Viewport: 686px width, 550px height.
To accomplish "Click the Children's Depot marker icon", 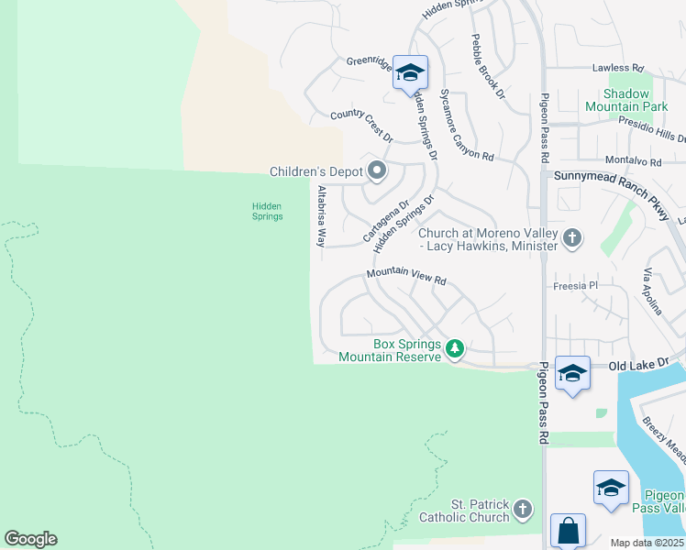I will point(376,170).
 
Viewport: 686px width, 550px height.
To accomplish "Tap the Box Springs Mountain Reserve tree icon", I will point(455,348).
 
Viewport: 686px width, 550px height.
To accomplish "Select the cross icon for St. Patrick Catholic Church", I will point(523,509).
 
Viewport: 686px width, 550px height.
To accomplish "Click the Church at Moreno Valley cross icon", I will point(572,238).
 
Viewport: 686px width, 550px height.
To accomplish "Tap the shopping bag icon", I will point(568,530).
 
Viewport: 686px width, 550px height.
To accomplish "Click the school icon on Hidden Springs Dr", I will point(410,71).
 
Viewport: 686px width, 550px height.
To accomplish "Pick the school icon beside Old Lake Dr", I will point(572,372).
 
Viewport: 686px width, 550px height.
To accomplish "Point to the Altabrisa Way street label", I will point(321,217).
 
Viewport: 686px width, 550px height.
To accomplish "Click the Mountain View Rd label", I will point(405,275).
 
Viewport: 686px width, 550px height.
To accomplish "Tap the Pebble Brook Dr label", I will point(488,67).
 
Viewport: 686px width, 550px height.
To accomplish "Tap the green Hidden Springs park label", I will point(268,211).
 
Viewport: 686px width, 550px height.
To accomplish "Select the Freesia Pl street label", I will point(576,286).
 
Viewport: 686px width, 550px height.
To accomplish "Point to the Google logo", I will point(31,539).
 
